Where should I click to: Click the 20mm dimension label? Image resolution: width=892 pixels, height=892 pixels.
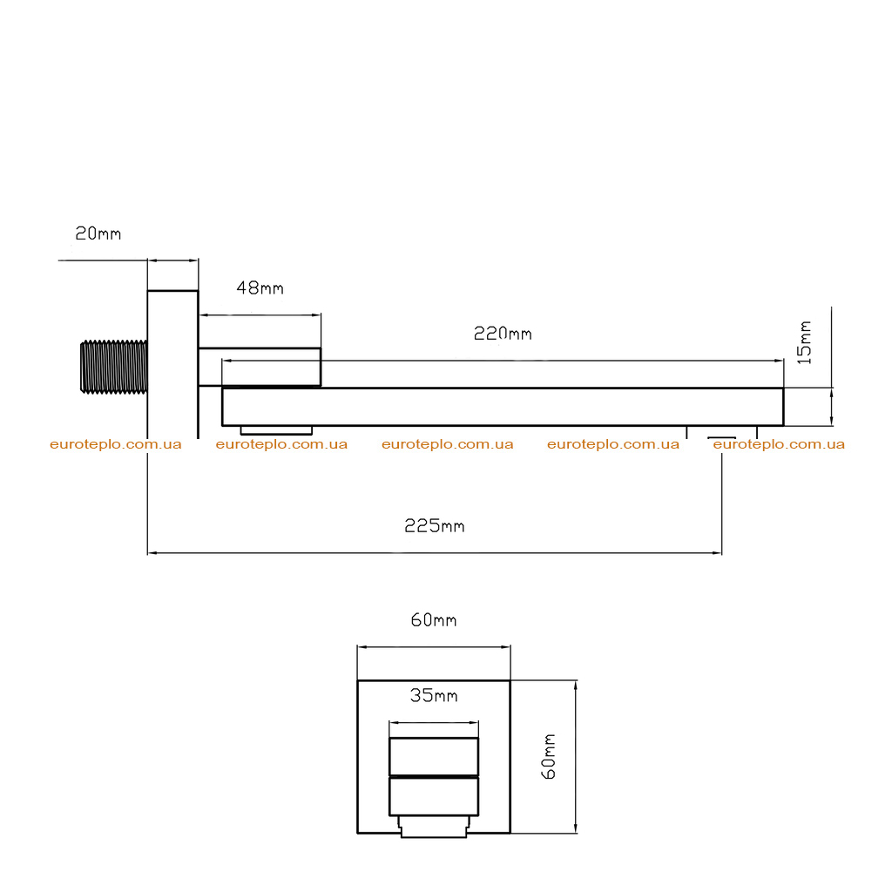click(x=98, y=233)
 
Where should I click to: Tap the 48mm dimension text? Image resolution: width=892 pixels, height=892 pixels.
click(x=260, y=287)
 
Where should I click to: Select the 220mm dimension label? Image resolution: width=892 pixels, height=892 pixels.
click(x=503, y=334)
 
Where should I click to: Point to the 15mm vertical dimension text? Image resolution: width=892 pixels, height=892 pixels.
click(x=804, y=342)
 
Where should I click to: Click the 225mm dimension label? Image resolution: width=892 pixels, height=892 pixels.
click(x=435, y=525)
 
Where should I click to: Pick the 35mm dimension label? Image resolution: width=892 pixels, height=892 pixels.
click(x=434, y=695)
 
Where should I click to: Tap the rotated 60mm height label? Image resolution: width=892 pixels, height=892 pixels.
click(x=549, y=757)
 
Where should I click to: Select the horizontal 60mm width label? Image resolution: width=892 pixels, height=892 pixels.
click(x=434, y=619)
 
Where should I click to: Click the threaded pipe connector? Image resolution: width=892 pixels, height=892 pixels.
click(x=114, y=367)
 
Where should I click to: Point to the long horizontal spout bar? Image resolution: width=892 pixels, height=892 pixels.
click(x=503, y=407)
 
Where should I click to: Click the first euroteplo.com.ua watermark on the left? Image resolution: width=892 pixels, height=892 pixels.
click(x=116, y=444)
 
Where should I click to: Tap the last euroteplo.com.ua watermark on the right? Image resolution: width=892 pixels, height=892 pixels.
click(x=779, y=444)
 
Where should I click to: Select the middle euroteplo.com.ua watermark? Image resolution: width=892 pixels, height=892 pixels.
click(x=447, y=444)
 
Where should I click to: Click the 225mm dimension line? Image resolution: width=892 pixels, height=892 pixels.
click(x=435, y=552)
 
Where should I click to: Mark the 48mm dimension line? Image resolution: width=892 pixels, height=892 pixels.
click(x=260, y=314)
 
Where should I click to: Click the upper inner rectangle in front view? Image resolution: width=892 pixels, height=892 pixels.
click(x=434, y=757)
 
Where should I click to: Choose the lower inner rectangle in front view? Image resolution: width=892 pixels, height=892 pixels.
click(x=434, y=796)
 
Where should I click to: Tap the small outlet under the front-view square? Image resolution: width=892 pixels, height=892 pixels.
click(x=434, y=827)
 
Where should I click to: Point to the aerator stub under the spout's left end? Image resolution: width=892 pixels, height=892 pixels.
click(x=276, y=430)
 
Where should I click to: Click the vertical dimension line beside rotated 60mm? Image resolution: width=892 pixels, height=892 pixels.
click(x=576, y=757)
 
